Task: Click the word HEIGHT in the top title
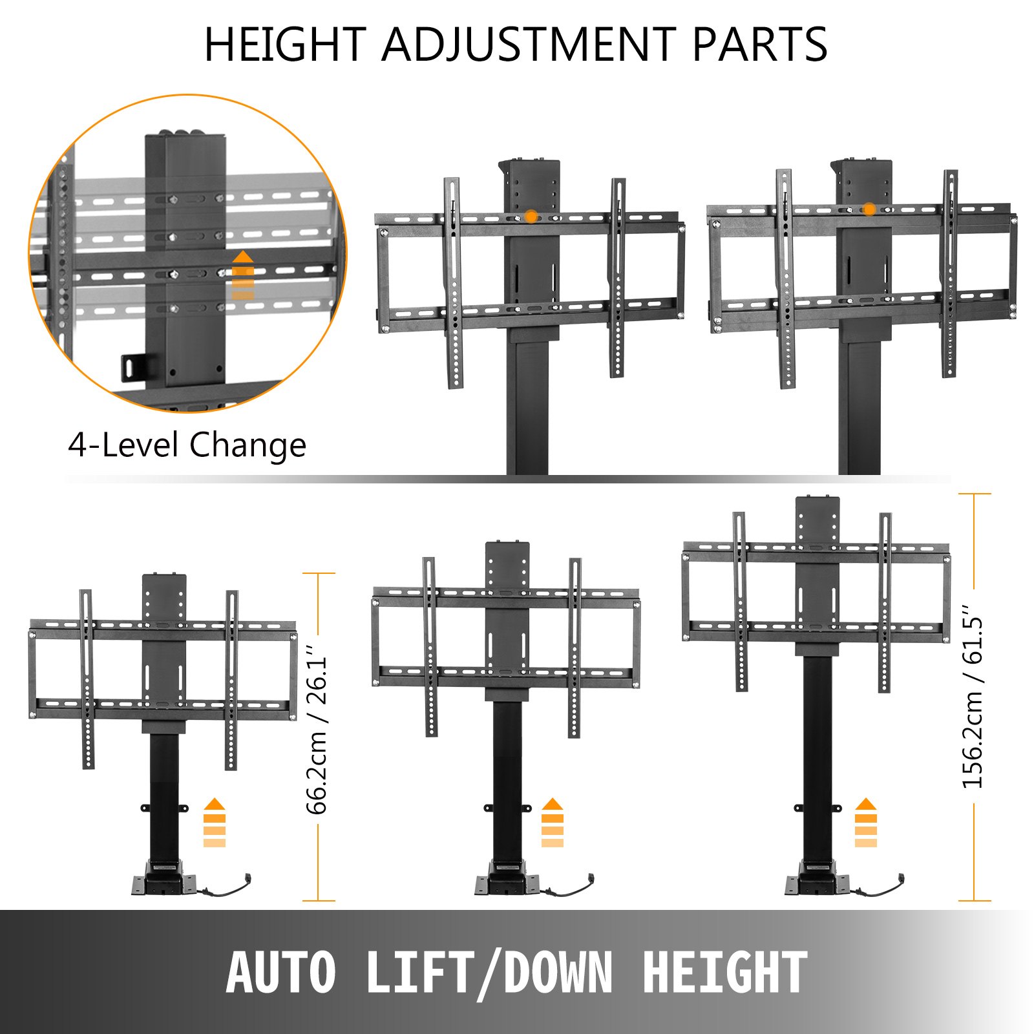pyautogui.click(x=285, y=45)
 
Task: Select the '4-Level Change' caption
pyautogui.click(x=187, y=445)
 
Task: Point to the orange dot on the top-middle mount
pyautogui.click(x=531, y=216)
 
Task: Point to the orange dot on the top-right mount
pyautogui.click(x=869, y=209)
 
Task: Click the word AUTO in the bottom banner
pyautogui.click(x=282, y=973)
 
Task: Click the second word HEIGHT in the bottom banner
pyautogui.click(x=724, y=973)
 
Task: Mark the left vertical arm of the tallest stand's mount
pyautogui.click(x=740, y=601)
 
